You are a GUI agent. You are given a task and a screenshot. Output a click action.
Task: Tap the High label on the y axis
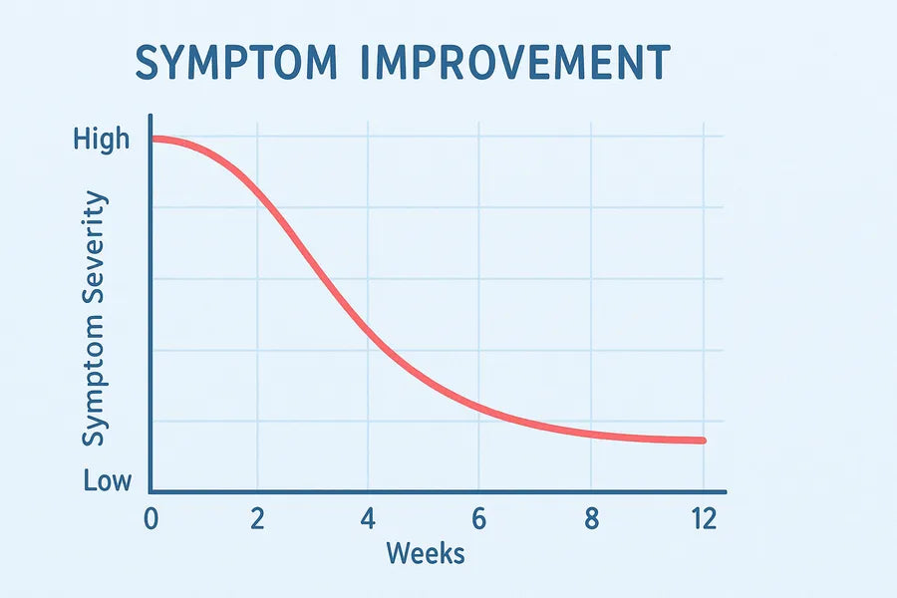click(x=102, y=139)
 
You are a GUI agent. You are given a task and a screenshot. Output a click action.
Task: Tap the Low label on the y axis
click(x=108, y=482)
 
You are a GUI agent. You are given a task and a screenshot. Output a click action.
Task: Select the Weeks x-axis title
click(x=426, y=552)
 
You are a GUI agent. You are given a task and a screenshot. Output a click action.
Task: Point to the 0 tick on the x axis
click(x=150, y=519)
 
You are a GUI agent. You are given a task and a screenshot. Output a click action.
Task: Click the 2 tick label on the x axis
click(x=258, y=519)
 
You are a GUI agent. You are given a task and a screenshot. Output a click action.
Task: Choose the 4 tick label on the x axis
click(x=369, y=519)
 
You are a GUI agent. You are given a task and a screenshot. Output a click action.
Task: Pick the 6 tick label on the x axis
click(x=479, y=519)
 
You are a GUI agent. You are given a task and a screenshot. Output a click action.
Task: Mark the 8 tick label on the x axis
click(x=591, y=519)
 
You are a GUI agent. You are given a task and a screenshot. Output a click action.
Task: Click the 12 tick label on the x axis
click(x=703, y=519)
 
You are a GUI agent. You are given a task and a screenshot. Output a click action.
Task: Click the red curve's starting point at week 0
click(x=152, y=139)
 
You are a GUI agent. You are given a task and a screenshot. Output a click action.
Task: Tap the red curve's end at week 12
click(x=703, y=441)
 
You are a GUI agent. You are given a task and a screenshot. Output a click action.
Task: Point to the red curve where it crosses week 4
click(x=369, y=328)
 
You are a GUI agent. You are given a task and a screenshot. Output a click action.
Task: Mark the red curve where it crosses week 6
click(x=479, y=406)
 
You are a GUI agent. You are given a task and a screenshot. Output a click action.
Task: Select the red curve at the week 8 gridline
click(x=591, y=434)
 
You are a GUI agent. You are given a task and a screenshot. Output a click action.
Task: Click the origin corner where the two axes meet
click(x=150, y=491)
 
